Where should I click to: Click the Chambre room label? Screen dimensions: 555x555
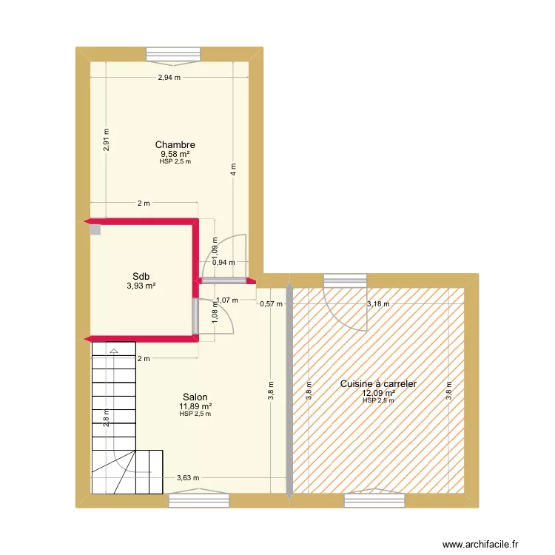click(x=175, y=145)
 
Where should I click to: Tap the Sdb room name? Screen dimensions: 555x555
click(x=141, y=277)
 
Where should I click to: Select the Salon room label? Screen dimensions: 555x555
click(x=195, y=397)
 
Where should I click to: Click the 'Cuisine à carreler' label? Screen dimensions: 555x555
click(x=378, y=383)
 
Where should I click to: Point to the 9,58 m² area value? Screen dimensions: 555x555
click(x=175, y=154)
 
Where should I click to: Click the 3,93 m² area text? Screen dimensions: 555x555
click(x=141, y=286)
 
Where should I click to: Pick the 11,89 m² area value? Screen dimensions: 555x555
click(x=195, y=406)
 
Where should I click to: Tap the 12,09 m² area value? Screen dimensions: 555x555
click(x=378, y=393)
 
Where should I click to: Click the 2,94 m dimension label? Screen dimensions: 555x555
click(x=169, y=78)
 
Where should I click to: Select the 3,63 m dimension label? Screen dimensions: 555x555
click(x=188, y=478)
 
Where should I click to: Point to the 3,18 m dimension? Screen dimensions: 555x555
click(x=378, y=303)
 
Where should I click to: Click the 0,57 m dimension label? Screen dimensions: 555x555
click(x=271, y=303)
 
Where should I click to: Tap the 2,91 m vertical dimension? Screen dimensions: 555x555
click(x=106, y=139)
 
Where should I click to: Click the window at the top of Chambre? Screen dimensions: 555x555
click(x=173, y=55)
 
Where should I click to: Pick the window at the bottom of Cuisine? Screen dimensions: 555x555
click(x=374, y=499)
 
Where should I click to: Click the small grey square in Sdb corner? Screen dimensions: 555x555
click(x=95, y=229)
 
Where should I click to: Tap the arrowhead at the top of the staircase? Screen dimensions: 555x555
click(x=114, y=351)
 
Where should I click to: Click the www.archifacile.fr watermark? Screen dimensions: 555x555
click(x=480, y=544)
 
